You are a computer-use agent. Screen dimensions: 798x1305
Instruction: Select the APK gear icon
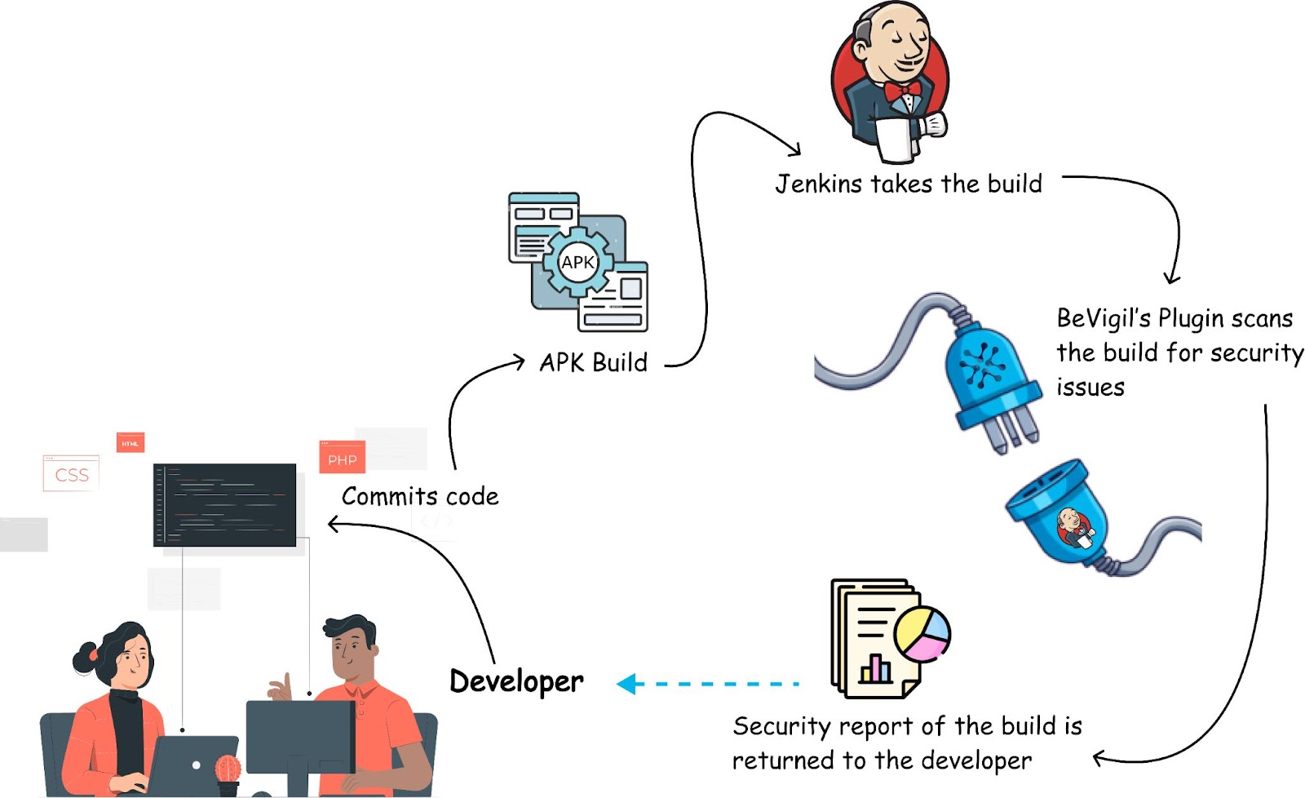click(x=577, y=262)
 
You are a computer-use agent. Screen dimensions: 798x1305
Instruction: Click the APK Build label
click(x=593, y=362)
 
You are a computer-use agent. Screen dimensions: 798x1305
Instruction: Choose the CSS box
click(x=71, y=474)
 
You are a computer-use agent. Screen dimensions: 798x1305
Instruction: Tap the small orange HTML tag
click(x=130, y=443)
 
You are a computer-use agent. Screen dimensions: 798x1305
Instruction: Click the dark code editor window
click(x=224, y=504)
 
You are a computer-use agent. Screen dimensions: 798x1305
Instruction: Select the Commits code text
click(x=420, y=496)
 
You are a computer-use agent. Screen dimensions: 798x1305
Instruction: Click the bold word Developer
click(x=516, y=681)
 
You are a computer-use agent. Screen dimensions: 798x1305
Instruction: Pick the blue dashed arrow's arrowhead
click(x=626, y=684)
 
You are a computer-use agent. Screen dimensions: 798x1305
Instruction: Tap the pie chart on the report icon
click(x=922, y=634)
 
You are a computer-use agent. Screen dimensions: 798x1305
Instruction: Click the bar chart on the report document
click(x=875, y=669)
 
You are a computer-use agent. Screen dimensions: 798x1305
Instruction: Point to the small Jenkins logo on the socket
click(x=1074, y=525)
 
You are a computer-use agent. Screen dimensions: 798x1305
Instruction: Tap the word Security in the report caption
click(x=781, y=725)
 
